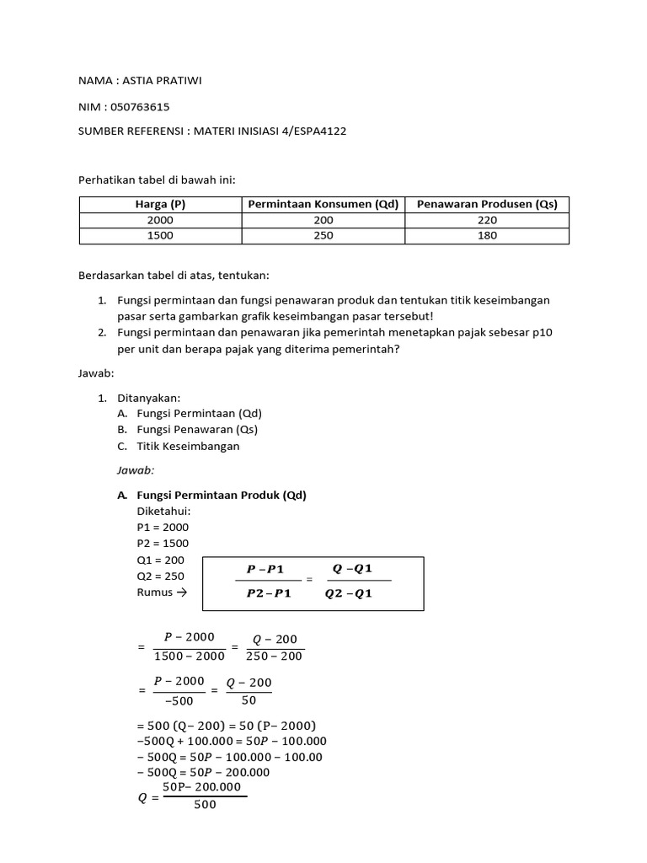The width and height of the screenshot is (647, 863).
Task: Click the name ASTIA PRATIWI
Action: [x=163, y=81]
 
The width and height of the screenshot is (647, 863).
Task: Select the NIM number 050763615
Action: [x=146, y=106]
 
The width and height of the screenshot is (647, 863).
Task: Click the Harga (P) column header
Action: [x=160, y=205]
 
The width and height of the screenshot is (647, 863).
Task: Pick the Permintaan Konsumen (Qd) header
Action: [x=323, y=205]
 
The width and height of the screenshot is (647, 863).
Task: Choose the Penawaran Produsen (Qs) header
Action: [x=487, y=205]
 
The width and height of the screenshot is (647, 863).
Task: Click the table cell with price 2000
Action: [x=160, y=220]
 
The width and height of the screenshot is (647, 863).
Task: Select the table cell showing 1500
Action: [x=160, y=236]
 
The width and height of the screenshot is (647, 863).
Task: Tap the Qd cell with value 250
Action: [x=323, y=236]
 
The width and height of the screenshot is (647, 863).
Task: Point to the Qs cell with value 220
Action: [x=487, y=220]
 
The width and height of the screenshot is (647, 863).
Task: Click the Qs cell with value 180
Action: [x=487, y=236]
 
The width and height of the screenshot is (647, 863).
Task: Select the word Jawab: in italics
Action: [x=136, y=470]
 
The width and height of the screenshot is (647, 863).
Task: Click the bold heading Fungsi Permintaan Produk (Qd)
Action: [x=222, y=495]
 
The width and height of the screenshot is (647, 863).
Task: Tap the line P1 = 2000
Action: [x=163, y=527]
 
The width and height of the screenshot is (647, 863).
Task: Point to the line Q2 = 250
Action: [x=160, y=576]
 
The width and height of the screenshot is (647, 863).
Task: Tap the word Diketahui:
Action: [x=163, y=511]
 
